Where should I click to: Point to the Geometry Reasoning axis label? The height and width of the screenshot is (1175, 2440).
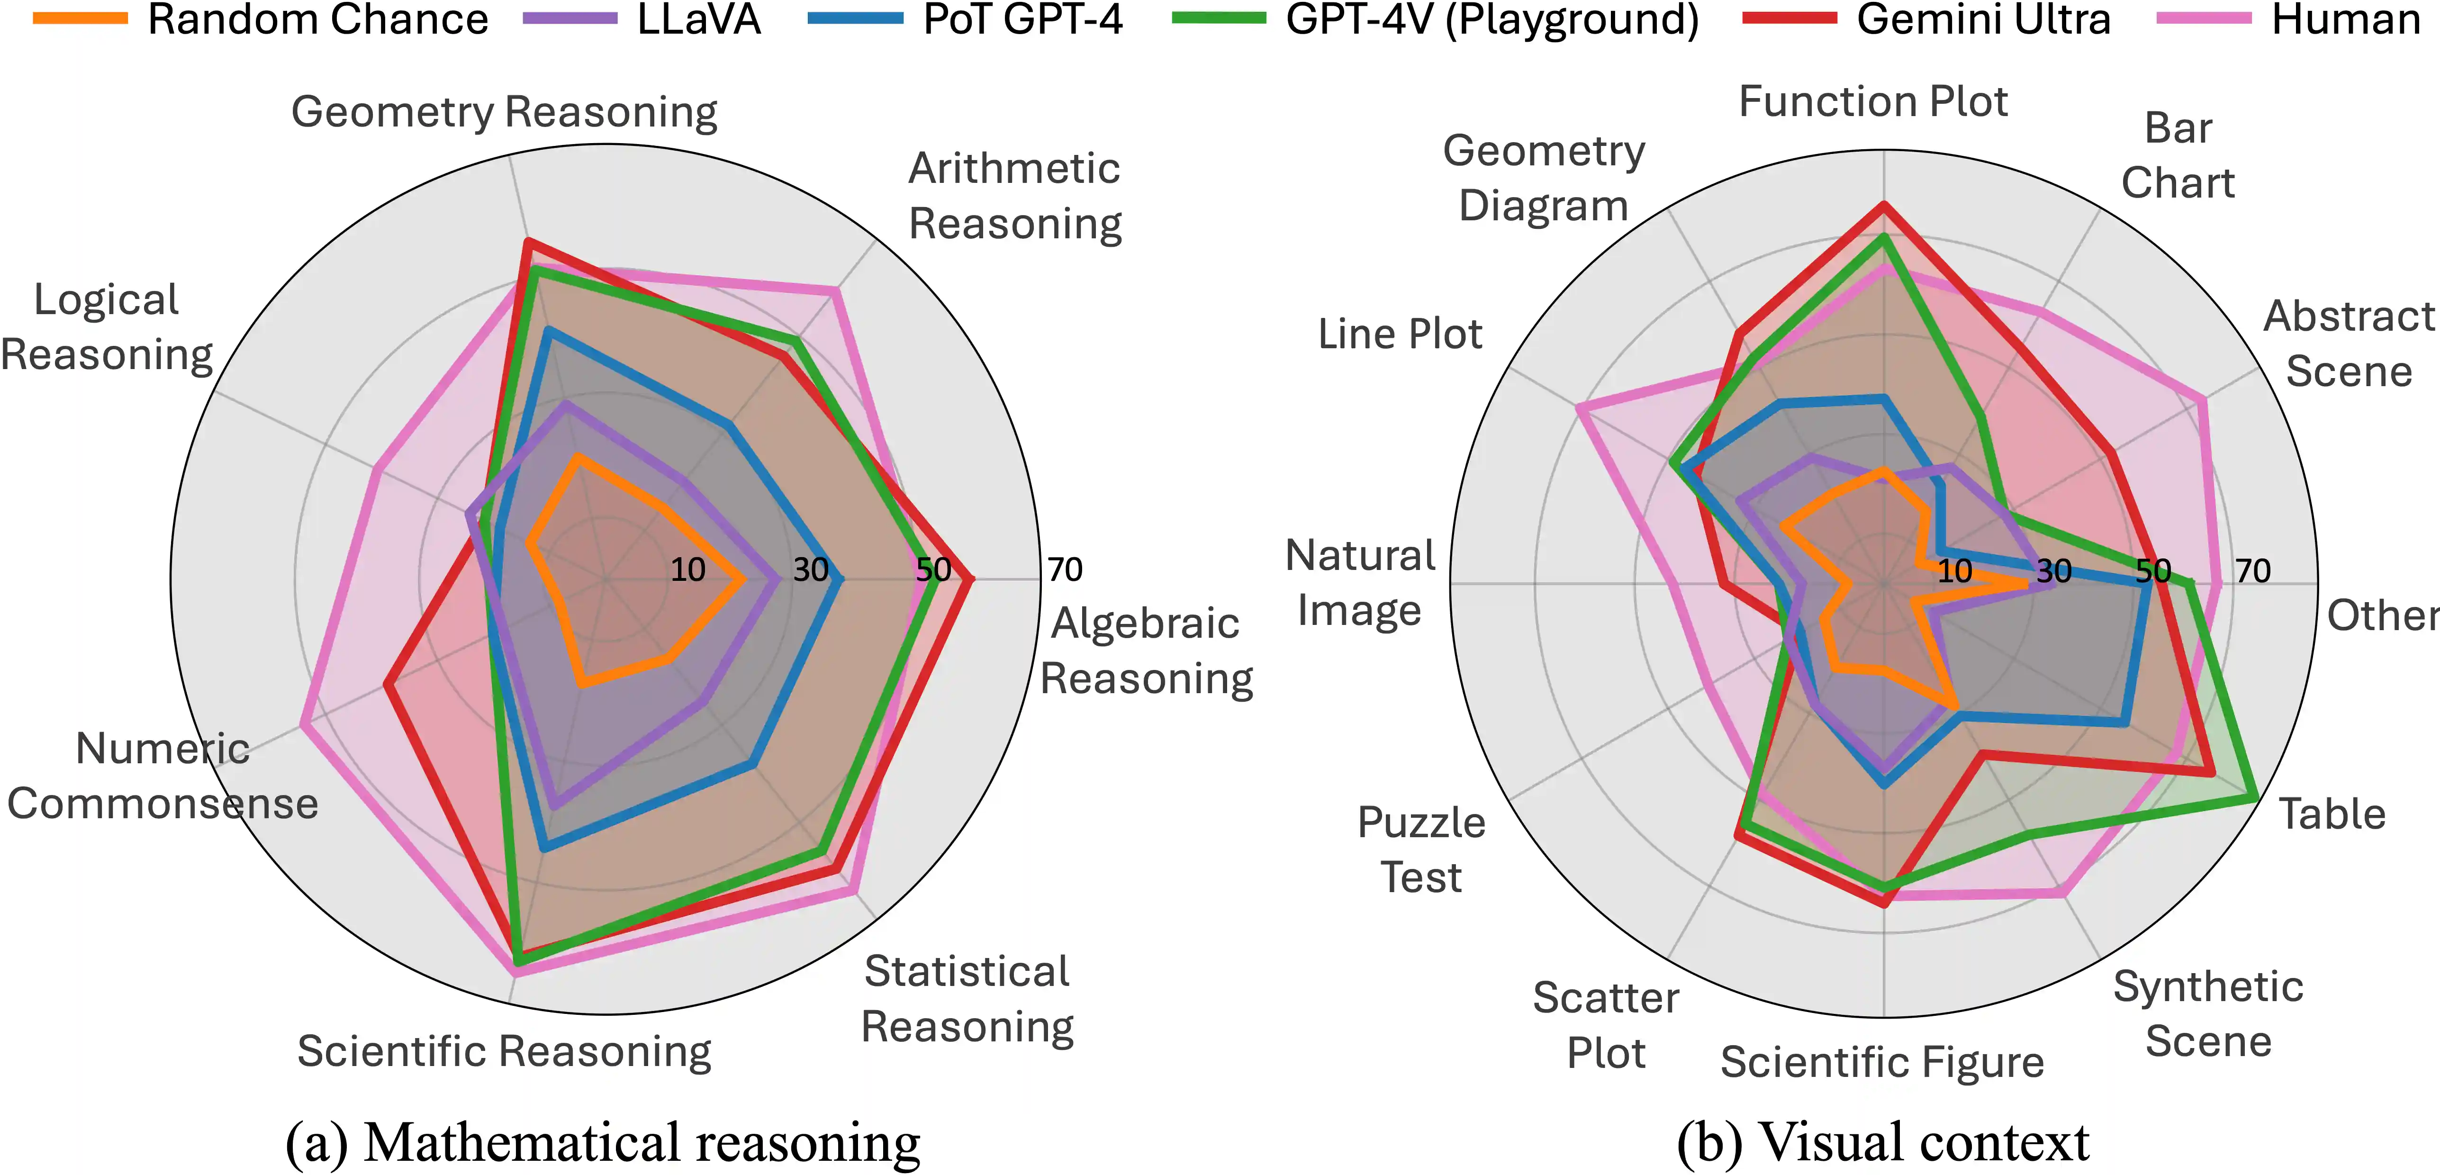(504, 112)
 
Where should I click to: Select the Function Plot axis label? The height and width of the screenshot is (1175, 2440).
(1872, 101)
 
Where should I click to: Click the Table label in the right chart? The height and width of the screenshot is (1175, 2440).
(2331, 814)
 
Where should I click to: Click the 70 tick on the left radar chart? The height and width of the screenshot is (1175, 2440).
(1065, 569)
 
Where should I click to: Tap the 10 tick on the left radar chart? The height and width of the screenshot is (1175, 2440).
(687, 569)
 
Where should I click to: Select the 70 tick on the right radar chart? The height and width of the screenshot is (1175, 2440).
(2252, 570)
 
